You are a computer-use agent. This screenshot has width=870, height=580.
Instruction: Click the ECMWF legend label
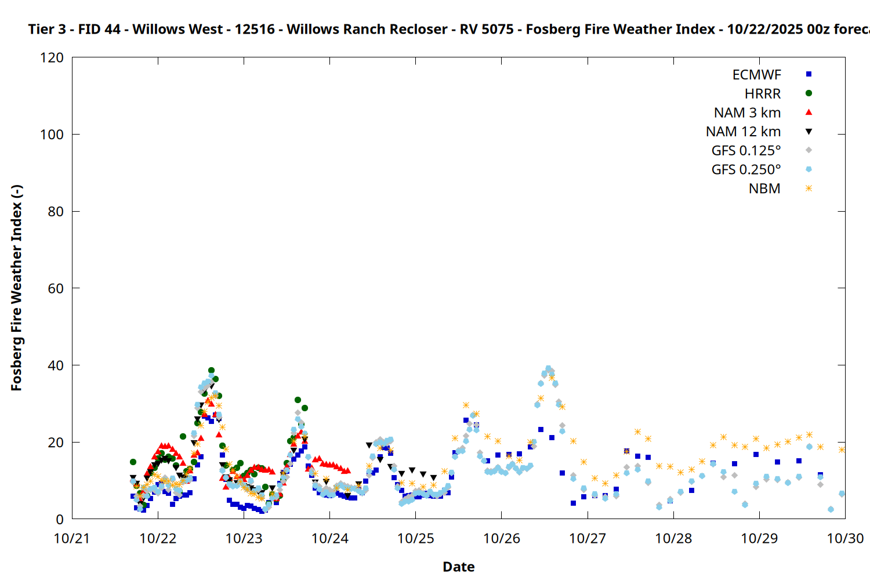tap(756, 75)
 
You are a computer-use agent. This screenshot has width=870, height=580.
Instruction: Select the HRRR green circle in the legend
tap(809, 93)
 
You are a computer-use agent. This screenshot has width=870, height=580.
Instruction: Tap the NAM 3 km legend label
tap(747, 113)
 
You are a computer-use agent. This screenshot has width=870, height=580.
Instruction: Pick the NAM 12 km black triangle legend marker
tap(809, 132)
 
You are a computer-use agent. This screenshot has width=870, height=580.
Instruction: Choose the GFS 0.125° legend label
tap(746, 151)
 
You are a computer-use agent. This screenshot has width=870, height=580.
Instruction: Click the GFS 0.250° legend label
tap(746, 170)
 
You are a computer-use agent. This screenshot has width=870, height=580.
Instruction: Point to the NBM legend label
tap(764, 189)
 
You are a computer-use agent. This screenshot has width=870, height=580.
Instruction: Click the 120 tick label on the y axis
tap(52, 57)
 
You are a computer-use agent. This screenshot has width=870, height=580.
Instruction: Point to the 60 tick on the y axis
tap(56, 288)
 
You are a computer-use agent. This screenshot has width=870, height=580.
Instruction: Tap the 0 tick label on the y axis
tap(60, 519)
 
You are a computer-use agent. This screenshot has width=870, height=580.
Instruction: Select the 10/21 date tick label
tap(72, 538)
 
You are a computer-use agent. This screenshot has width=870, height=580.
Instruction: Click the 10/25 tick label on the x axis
tap(416, 538)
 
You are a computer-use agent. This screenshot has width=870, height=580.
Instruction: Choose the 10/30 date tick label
tap(845, 538)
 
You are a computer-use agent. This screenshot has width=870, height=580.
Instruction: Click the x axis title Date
tap(458, 567)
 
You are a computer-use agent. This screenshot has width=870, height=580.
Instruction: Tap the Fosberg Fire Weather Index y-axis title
tap(16, 288)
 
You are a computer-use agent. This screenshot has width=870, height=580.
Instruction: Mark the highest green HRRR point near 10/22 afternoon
tap(211, 371)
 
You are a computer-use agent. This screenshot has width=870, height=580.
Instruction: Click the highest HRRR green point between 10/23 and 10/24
tap(298, 400)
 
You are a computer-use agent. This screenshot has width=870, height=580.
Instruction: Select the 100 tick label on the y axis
tap(52, 135)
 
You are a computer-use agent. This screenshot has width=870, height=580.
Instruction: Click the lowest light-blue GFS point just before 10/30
tap(831, 509)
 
